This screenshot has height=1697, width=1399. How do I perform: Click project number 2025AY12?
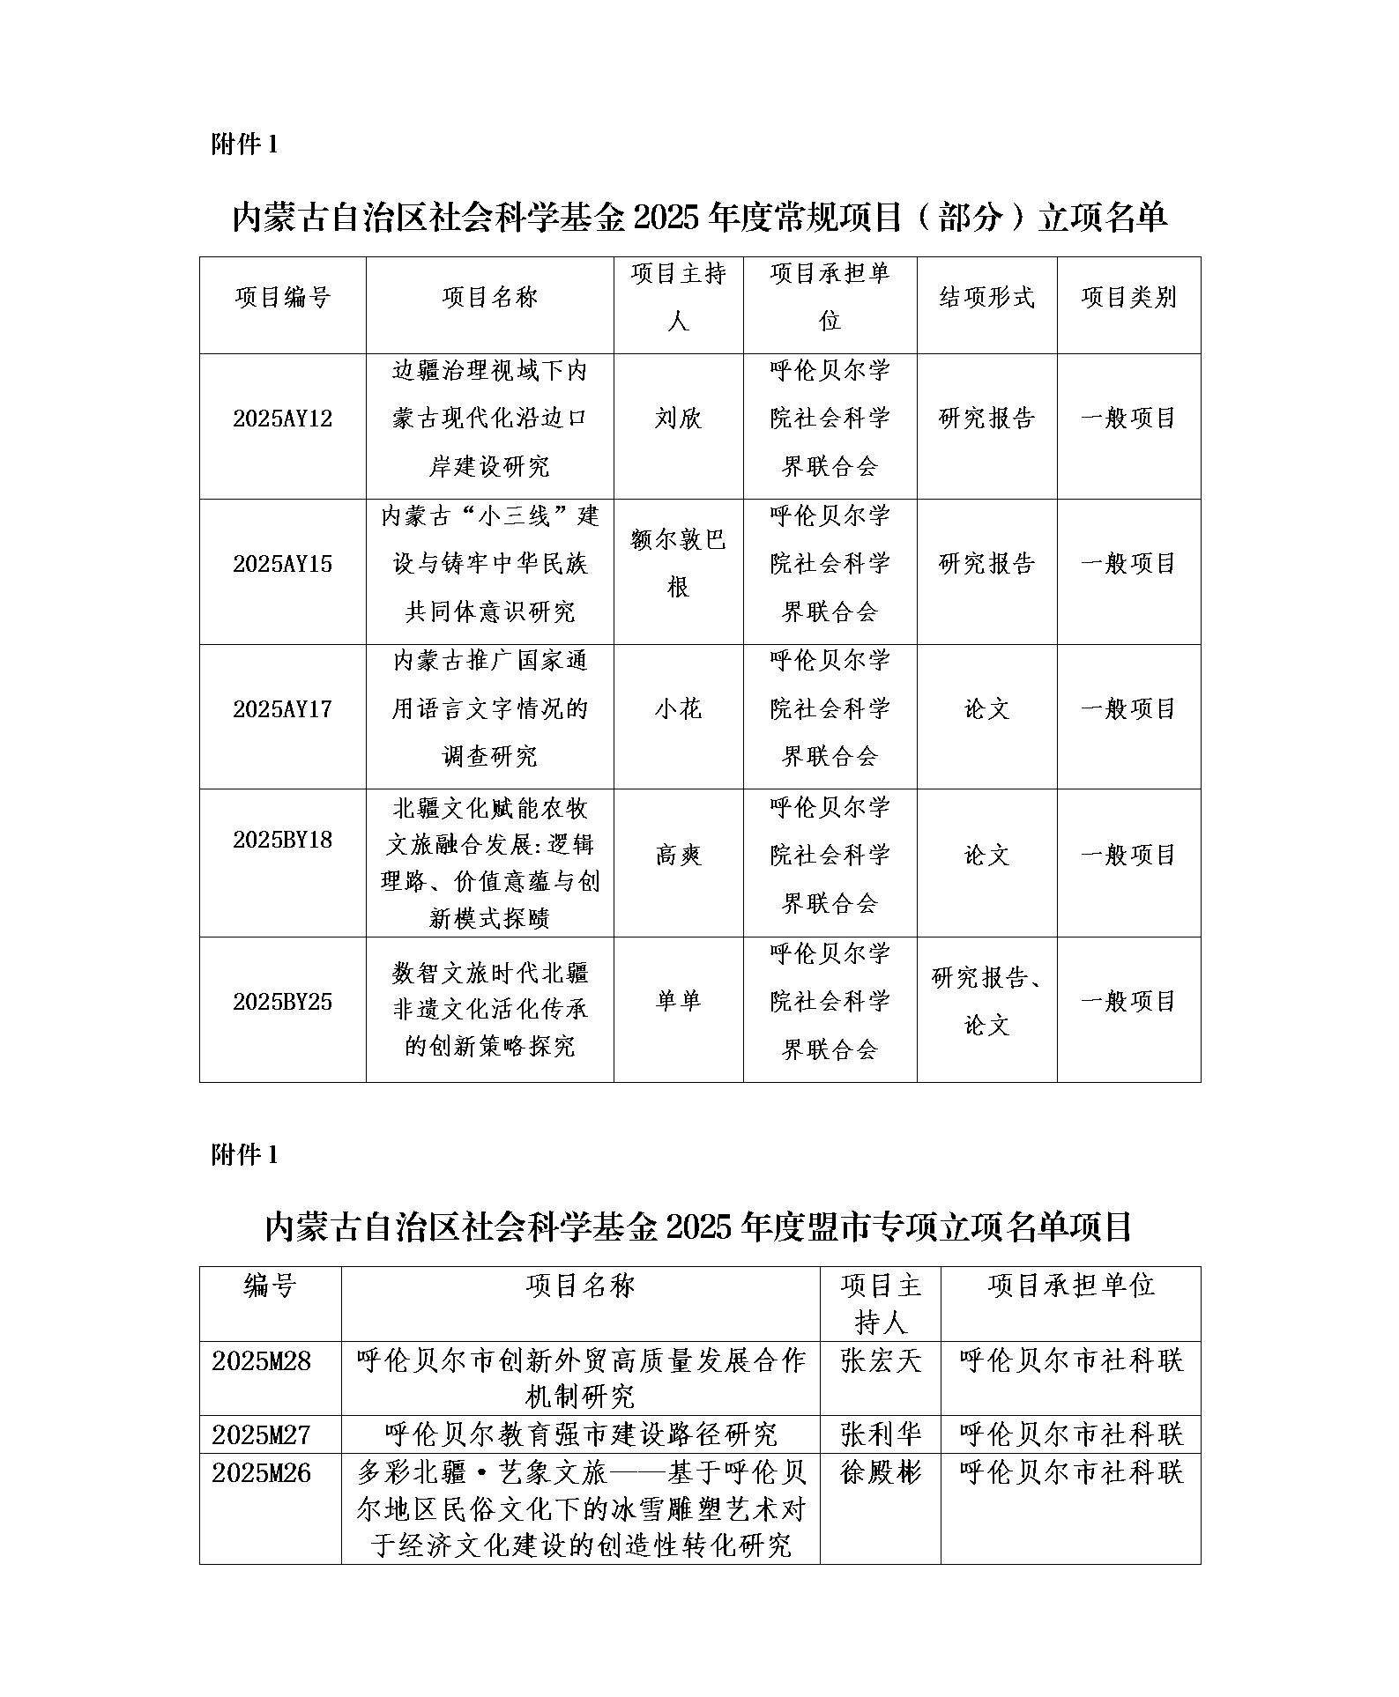[282, 419]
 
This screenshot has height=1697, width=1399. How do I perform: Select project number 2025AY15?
[282, 564]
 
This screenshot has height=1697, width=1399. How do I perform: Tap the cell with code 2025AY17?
[282, 709]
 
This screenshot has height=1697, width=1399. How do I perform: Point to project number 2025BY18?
[282, 840]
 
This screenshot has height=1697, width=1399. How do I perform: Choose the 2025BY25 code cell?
[282, 1002]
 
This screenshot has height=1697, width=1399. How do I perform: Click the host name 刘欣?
[678, 419]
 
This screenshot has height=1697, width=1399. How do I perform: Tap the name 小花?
[678, 709]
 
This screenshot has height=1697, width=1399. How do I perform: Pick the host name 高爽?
[678, 855]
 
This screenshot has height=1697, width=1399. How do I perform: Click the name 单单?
[678, 1001]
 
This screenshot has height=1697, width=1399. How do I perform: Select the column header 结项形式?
[986, 298]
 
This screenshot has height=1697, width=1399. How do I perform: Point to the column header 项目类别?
[1128, 298]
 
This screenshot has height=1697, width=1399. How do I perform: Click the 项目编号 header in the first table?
[282, 298]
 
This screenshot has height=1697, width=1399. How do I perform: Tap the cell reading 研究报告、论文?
[986, 1002]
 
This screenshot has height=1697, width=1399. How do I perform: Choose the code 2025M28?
[262, 1361]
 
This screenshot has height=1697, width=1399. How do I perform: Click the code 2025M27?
[262, 1435]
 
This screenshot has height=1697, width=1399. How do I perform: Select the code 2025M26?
[262, 1473]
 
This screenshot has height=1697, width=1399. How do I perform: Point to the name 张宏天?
[880, 1361]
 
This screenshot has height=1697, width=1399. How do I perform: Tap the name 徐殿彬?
[880, 1473]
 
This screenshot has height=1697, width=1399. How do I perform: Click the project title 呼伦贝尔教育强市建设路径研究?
[580, 1435]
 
